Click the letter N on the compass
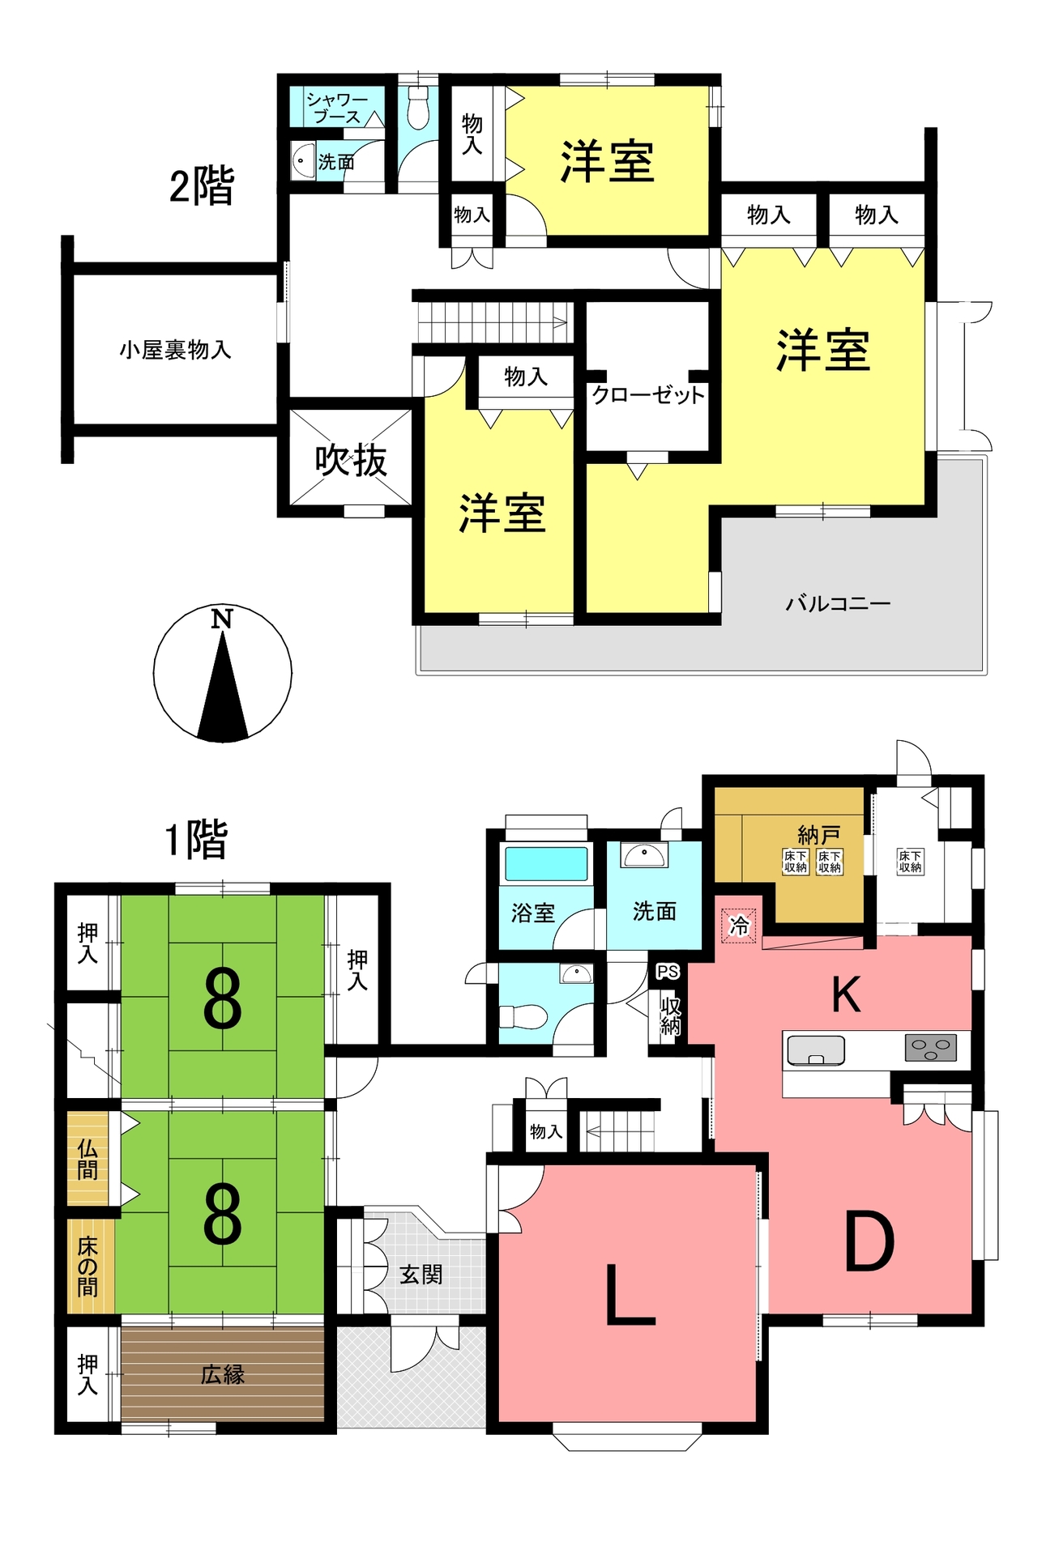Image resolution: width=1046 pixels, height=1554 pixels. (221, 619)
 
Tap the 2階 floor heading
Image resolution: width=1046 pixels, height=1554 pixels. (202, 185)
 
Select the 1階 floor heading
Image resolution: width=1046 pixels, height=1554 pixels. (197, 840)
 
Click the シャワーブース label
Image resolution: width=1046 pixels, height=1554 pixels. (336, 108)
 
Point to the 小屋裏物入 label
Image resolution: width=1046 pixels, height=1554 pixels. (175, 350)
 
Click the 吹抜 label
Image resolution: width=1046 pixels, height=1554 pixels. (351, 461)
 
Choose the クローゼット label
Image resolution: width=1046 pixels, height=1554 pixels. (648, 395)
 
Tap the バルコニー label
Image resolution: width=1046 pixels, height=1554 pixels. (838, 603)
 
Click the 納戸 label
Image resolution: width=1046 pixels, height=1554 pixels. (819, 834)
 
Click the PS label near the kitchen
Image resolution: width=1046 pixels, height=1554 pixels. (668, 972)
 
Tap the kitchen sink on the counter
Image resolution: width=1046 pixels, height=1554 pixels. (816, 1050)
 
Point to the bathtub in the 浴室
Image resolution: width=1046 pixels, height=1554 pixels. (546, 863)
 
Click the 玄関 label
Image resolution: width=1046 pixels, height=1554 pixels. (421, 1275)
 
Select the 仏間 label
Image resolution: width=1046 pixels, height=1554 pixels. (88, 1159)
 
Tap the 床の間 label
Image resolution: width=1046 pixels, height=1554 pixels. (88, 1267)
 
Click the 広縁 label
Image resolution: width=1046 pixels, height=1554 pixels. (223, 1374)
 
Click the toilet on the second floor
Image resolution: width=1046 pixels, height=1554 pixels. (417, 109)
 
